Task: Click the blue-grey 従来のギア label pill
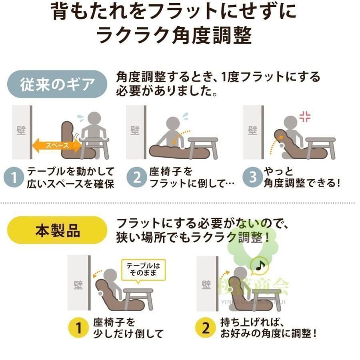57,84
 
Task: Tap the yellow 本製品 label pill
57,230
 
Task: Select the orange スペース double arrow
57,146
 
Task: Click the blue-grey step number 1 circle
14,177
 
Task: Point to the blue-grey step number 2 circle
137,177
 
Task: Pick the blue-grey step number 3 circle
253,177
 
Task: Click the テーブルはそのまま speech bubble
143,271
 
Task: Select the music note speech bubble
259,266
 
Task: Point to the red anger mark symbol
305,117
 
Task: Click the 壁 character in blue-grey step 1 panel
21,131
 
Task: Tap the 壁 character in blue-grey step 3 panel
252,131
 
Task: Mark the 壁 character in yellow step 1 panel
78,285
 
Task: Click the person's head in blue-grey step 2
173,124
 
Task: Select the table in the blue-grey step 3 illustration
320,147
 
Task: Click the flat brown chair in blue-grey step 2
179,151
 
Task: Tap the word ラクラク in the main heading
133,35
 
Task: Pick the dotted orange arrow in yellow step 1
97,274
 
